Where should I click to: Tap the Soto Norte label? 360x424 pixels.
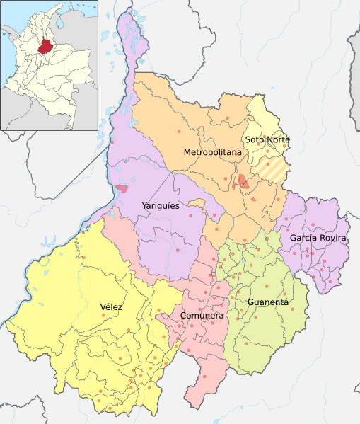[267, 139]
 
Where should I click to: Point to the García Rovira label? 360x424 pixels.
[318, 238]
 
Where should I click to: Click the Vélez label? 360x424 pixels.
[111, 306]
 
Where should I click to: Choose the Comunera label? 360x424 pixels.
[202, 315]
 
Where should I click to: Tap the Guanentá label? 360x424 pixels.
[268, 302]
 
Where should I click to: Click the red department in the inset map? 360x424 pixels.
[46, 47]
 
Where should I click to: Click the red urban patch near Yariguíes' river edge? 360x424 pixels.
[122, 188]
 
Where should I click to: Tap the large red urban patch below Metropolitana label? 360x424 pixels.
[243, 181]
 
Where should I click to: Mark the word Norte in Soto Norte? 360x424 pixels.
[278, 139]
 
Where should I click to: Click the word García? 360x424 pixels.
[302, 238]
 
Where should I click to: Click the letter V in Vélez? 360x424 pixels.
[103, 306]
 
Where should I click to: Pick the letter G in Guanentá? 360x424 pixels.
[250, 302]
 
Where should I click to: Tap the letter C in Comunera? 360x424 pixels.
[183, 315]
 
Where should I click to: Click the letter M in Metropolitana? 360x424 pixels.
[187, 152]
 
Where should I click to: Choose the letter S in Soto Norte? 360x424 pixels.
[248, 139]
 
